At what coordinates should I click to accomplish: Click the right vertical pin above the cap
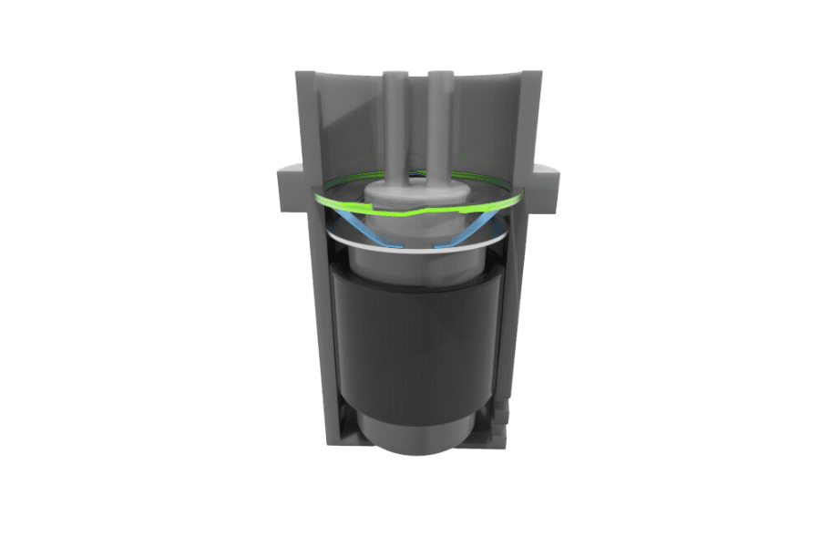tap(439, 128)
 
